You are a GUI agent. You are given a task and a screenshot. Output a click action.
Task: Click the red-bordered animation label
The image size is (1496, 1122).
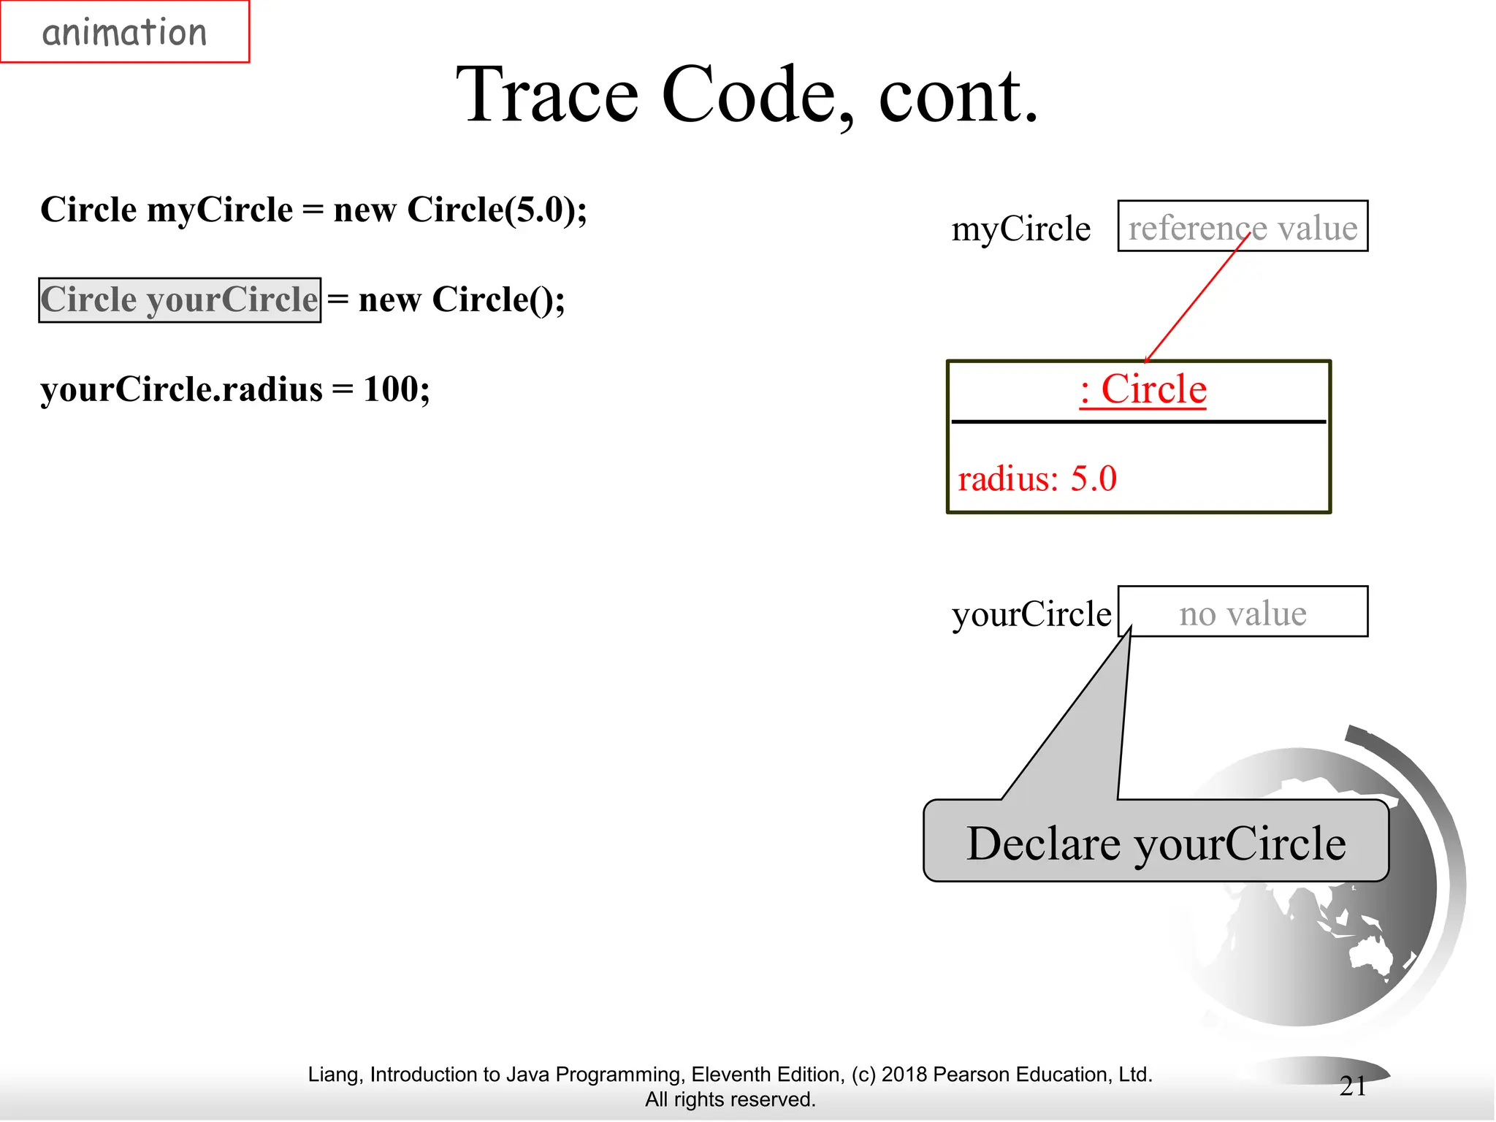(x=125, y=32)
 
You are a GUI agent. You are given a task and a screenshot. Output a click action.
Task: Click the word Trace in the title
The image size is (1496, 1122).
(x=548, y=95)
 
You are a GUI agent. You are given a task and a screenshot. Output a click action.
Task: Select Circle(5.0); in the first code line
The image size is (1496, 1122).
(x=497, y=210)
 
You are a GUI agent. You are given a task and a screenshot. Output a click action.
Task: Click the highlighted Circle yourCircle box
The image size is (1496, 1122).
(x=180, y=299)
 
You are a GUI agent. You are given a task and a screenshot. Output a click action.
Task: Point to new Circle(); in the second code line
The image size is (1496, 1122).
(x=462, y=299)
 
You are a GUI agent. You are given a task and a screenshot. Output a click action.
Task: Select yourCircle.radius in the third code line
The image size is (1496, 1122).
(x=181, y=389)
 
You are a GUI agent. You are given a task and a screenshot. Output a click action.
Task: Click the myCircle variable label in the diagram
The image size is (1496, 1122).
(x=1020, y=229)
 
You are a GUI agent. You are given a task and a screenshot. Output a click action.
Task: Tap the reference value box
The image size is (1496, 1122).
(x=1243, y=226)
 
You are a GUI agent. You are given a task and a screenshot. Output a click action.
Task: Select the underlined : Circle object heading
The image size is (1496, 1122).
(x=1142, y=389)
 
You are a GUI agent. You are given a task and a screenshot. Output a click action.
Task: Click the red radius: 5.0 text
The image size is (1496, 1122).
(x=1037, y=479)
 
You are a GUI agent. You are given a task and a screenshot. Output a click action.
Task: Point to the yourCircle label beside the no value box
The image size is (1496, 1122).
(x=1031, y=614)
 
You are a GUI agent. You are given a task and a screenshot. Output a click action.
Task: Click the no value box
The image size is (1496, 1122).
(x=1243, y=612)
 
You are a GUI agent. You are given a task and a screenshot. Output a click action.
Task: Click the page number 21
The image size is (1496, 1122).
(x=1353, y=1085)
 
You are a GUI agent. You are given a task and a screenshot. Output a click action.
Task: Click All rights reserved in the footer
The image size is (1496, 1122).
(x=730, y=1099)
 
